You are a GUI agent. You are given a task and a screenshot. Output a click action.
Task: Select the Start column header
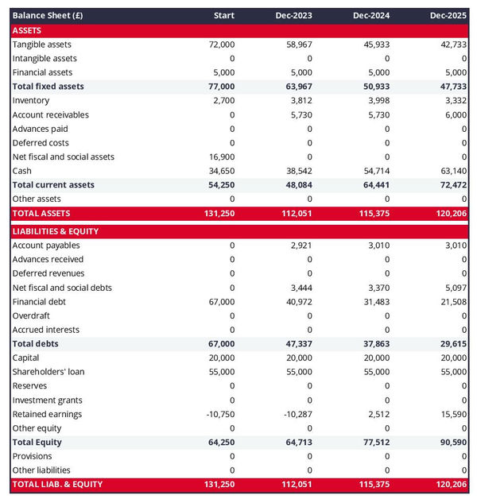(224, 15)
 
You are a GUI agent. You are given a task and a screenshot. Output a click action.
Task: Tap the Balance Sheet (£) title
(47, 15)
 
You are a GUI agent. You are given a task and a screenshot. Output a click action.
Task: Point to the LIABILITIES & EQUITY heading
(55, 231)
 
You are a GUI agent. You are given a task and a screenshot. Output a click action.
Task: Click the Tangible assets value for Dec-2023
(299, 44)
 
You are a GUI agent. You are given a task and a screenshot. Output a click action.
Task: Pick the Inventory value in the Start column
(223, 101)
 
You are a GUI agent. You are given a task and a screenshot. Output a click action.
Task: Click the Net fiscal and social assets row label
(63, 157)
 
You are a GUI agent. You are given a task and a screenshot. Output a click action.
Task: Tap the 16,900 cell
(220, 157)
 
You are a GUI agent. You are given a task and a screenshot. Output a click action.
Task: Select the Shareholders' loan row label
(48, 372)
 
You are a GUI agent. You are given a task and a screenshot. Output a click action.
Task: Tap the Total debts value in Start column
(220, 344)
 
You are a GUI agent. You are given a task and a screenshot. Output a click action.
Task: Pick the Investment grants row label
(47, 400)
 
